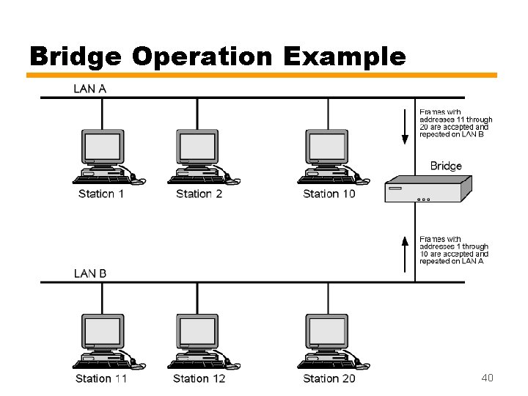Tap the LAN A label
89,89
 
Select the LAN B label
89,274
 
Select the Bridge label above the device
446,166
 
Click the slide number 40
487,378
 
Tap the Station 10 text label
329,194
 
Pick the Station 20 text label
329,378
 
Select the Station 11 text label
101,378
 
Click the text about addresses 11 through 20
455,123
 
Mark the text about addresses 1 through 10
454,249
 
